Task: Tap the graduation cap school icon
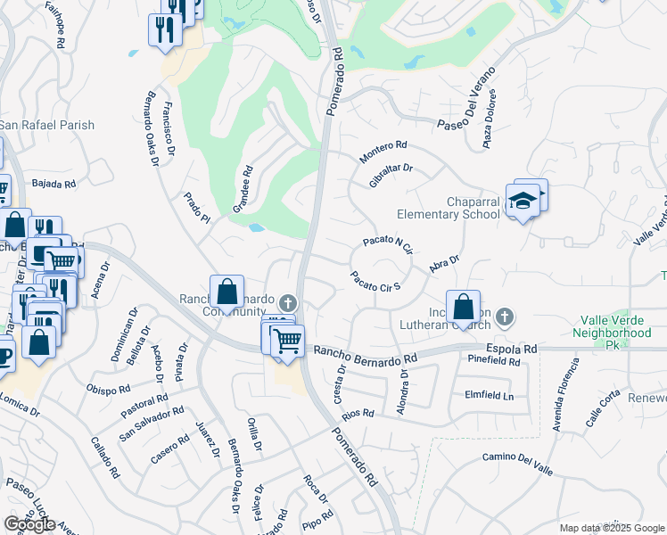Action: tap(523, 202)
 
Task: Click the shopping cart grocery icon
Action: tap(287, 341)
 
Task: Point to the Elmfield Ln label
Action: tap(490, 394)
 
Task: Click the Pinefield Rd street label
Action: tap(493, 361)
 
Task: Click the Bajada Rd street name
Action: tap(54, 184)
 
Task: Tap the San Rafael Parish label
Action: tap(46, 125)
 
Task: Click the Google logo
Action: tap(29, 523)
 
